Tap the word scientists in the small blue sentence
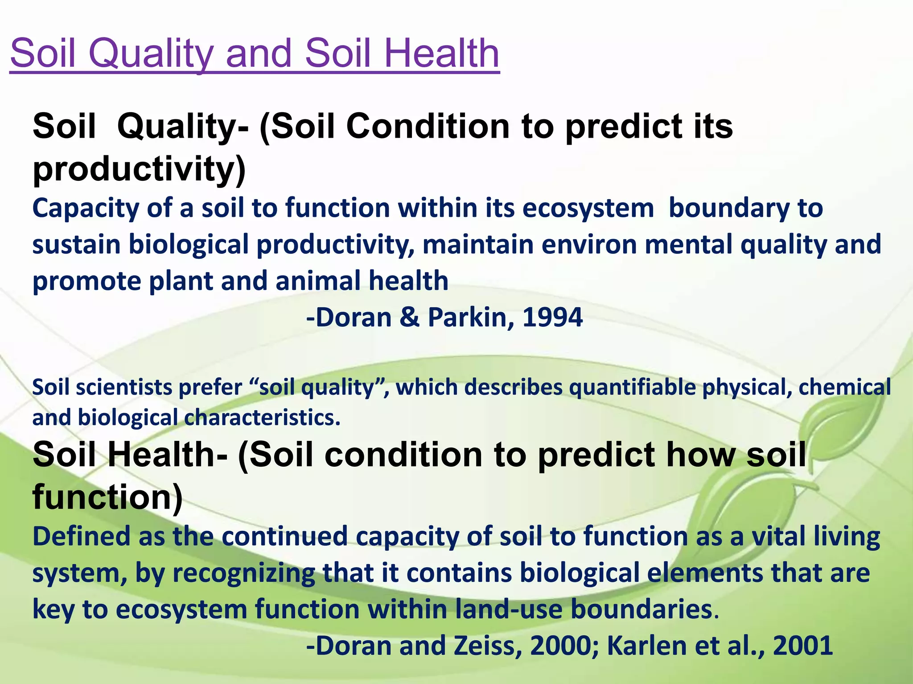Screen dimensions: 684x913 coord(124,387)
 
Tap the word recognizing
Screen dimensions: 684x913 coord(243,574)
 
